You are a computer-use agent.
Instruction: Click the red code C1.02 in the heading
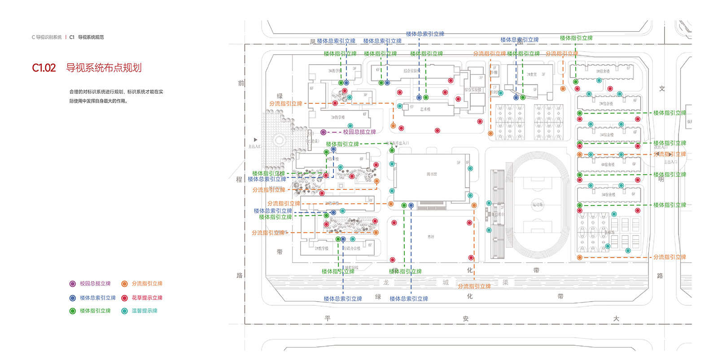[44, 68]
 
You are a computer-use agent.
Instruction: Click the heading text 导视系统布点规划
[104, 68]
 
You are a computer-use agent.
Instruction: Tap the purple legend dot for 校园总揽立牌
[73, 284]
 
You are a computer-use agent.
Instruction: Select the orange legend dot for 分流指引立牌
[124, 284]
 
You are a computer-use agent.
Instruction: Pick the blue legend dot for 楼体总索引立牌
[73, 298]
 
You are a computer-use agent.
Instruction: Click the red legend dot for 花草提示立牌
[124, 298]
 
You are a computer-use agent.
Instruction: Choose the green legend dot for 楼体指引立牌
[73, 311]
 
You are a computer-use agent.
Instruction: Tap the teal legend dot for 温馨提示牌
[124, 311]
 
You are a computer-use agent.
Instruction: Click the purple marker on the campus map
[323, 132]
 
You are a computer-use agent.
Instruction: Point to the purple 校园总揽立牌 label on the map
[359, 132]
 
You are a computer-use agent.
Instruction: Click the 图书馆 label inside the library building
[432, 174]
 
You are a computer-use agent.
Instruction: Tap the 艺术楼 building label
[425, 109]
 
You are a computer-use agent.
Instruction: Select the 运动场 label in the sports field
[538, 205]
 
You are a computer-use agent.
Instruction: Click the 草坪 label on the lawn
[431, 237]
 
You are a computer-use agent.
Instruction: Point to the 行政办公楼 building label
[352, 248]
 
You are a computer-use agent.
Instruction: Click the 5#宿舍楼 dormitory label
[608, 195]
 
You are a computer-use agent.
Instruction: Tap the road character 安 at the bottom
[465, 319]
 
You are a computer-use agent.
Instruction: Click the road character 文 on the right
[662, 88]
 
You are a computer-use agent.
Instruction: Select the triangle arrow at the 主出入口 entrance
[256, 140]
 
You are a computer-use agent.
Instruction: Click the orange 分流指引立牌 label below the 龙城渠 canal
[474, 286]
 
